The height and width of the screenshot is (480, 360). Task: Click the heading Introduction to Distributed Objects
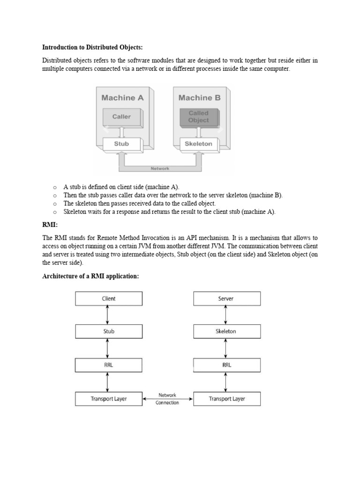(92, 47)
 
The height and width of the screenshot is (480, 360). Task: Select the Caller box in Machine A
(121, 117)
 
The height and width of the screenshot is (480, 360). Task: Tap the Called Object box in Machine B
(198, 117)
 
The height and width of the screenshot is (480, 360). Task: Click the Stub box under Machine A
(121, 144)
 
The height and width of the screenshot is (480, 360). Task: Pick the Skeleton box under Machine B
(198, 144)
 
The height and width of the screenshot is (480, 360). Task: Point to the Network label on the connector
(160, 168)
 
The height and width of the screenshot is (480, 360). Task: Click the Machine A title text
(122, 98)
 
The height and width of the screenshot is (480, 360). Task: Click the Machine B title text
(199, 98)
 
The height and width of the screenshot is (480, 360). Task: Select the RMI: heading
(50, 225)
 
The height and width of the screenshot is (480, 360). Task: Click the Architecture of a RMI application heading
(90, 276)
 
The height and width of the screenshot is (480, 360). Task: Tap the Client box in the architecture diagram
(109, 299)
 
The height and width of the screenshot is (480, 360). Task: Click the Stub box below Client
(109, 331)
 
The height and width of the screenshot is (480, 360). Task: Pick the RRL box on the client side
(109, 365)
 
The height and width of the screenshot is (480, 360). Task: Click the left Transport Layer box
(109, 399)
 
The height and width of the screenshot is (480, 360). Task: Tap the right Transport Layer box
(227, 399)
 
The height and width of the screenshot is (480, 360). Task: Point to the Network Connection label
(167, 399)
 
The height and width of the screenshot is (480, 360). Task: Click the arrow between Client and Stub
(108, 315)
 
